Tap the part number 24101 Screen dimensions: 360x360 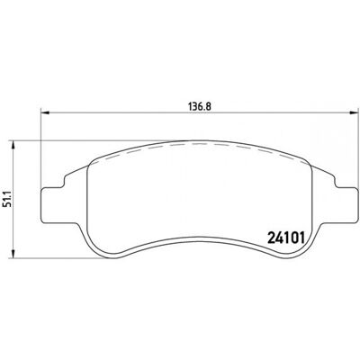(285, 238)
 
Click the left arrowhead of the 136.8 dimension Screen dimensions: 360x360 (45, 112)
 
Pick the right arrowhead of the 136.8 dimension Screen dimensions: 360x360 (354, 112)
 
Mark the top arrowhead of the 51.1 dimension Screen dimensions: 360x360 (13, 145)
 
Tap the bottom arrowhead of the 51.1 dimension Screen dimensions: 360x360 (13, 253)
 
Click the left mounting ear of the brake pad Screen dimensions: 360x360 (52, 205)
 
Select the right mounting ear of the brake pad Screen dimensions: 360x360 (346, 205)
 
